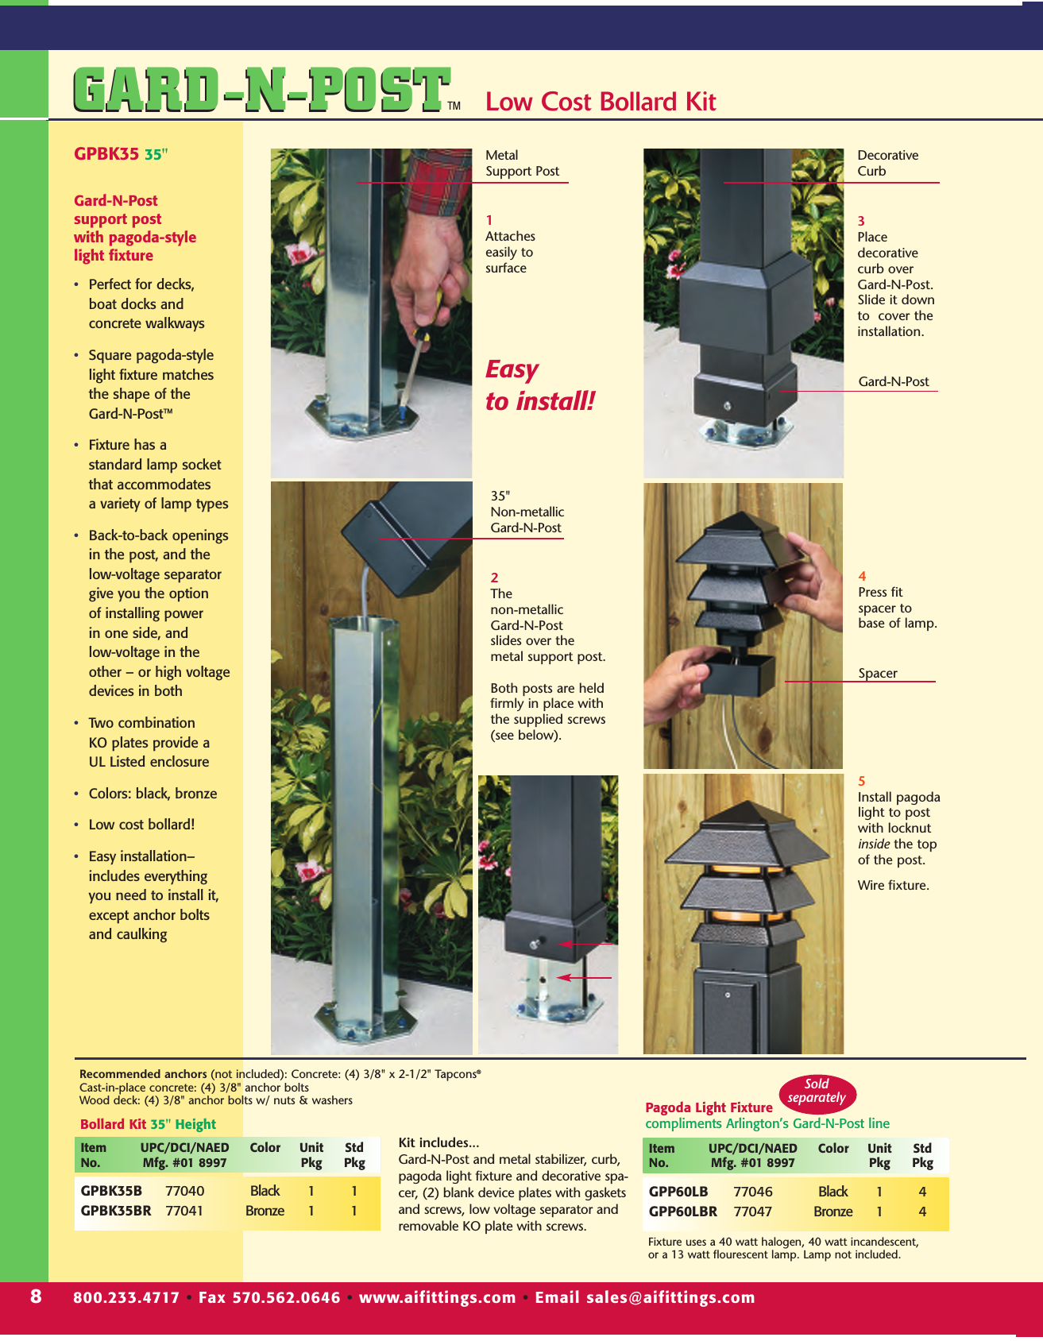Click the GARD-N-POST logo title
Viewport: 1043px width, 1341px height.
[x=262, y=90]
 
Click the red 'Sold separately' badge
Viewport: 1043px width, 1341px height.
[x=817, y=1092]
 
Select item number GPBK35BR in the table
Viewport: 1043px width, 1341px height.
[x=116, y=1211]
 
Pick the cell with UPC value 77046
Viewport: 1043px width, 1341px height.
[x=752, y=1192]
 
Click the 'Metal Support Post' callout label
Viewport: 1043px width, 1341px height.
[x=522, y=164]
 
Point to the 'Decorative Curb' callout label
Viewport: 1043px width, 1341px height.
[x=887, y=164]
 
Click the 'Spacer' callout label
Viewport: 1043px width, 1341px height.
[x=877, y=674]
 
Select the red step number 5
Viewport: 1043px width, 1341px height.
[x=862, y=782]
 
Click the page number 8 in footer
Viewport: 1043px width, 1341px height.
[x=36, y=1297]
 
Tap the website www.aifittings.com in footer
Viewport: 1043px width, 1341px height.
[x=437, y=1297]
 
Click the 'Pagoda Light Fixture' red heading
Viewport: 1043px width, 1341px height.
[x=709, y=1107]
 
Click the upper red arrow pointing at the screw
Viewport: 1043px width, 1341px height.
[x=586, y=944]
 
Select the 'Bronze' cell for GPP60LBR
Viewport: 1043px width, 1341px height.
[x=832, y=1212]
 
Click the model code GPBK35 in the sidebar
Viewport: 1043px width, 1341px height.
[x=106, y=154]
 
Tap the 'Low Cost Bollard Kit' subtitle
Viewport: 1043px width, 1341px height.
[x=601, y=102]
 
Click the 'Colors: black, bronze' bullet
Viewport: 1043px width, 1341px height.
[x=153, y=794]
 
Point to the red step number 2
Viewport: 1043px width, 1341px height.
[x=494, y=578]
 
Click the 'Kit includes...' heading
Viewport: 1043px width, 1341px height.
[x=438, y=1142]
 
